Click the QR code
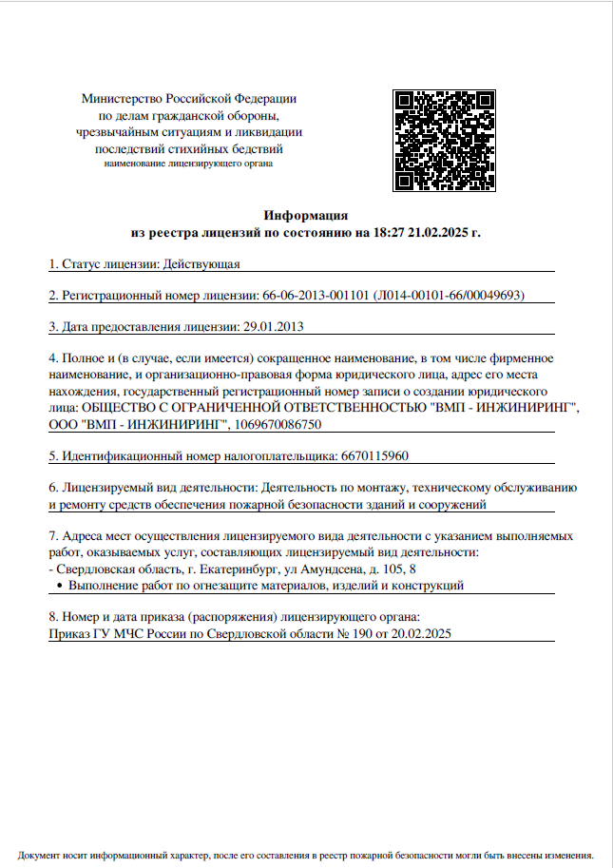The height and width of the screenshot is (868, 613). (x=445, y=141)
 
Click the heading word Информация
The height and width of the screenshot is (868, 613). (x=306, y=216)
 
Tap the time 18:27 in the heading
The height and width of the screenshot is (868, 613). (x=391, y=232)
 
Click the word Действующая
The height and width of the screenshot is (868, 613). (x=201, y=262)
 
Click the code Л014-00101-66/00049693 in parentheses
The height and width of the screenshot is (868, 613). (x=450, y=295)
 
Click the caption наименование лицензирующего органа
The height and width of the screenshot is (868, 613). (x=188, y=164)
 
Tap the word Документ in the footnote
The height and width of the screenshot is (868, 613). (x=40, y=855)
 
